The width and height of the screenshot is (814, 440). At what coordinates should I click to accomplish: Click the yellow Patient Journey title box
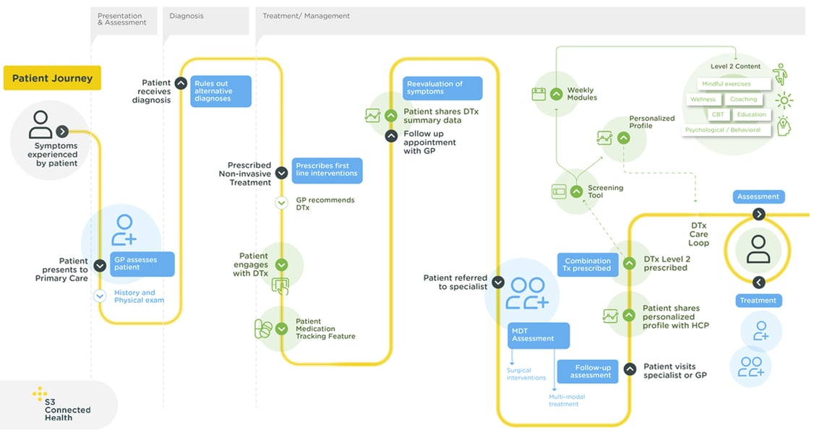click(x=52, y=78)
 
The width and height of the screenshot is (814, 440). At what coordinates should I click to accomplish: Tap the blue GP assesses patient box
click(x=143, y=264)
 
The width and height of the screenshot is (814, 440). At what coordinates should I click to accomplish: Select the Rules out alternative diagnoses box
click(x=220, y=92)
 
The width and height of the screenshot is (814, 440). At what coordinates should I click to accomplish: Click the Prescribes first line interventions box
click(x=326, y=170)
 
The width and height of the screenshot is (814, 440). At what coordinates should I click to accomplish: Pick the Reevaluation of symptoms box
click(x=442, y=88)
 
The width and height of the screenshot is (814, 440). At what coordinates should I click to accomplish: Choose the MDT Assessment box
click(x=539, y=335)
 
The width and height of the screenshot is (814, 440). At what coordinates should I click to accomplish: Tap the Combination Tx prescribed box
click(x=587, y=264)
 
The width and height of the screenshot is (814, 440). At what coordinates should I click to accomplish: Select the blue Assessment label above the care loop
click(x=758, y=197)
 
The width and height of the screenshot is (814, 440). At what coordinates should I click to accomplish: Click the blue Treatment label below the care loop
click(x=758, y=301)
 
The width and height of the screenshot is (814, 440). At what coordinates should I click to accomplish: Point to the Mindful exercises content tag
click(x=726, y=84)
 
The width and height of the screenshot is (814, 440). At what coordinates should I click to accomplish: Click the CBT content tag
click(x=717, y=114)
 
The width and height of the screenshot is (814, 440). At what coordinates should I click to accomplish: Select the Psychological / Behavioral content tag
click(x=725, y=130)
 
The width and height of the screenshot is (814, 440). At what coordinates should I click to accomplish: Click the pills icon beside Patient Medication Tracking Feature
click(x=264, y=329)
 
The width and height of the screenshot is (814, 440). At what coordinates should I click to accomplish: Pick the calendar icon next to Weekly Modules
click(x=539, y=94)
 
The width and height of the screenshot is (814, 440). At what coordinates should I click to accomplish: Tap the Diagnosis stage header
click(x=187, y=16)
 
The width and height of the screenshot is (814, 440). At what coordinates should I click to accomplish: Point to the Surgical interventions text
click(x=526, y=374)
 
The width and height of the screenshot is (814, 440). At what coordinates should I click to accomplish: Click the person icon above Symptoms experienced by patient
click(x=41, y=124)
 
